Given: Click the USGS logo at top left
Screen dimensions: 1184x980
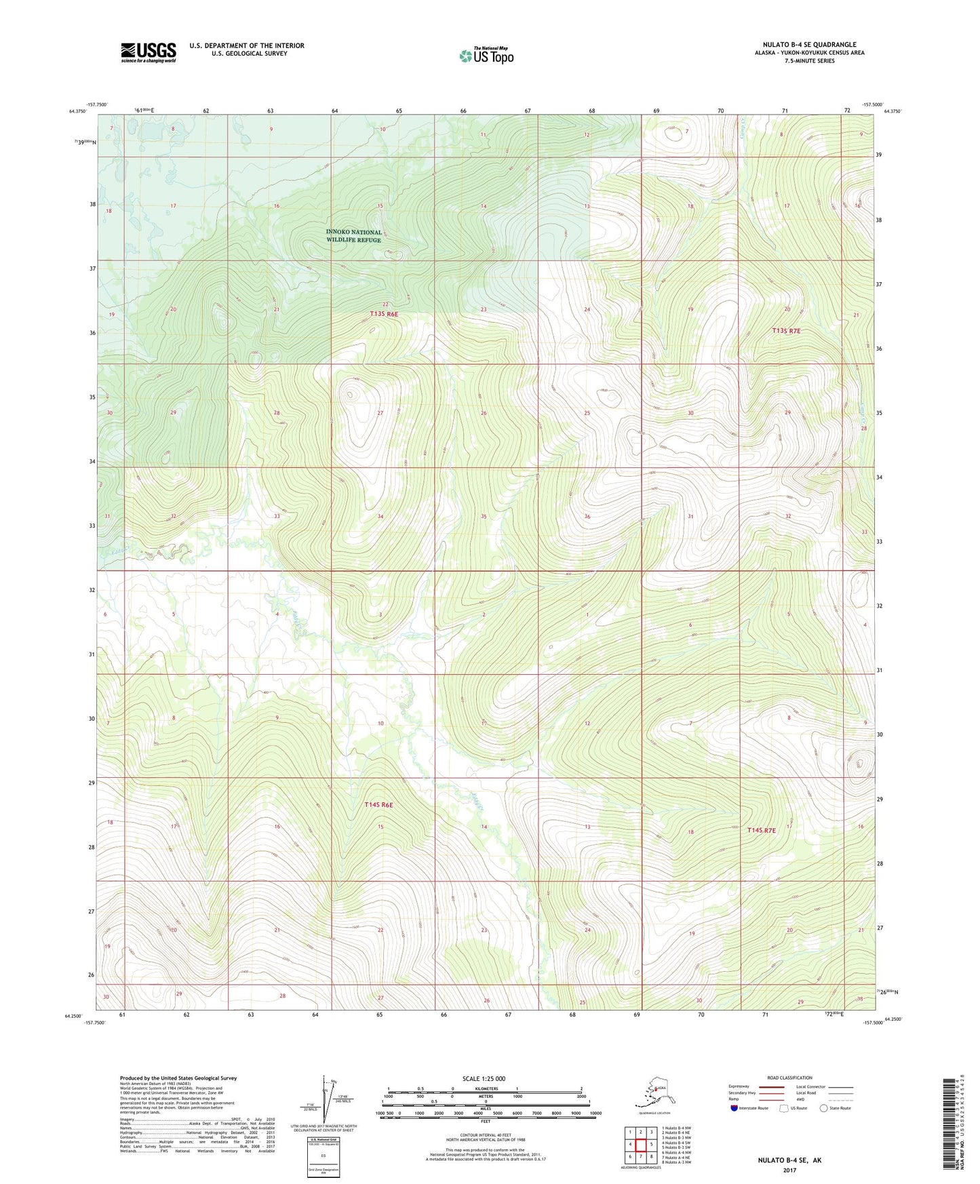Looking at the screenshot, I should [x=148, y=52].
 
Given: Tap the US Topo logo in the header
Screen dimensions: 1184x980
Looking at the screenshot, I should [x=486, y=56].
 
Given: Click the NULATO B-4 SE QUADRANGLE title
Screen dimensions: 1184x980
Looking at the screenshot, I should [x=809, y=45].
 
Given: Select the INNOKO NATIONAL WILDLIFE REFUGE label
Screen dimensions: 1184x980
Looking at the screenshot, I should [x=353, y=236].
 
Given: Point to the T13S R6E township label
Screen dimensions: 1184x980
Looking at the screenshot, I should [x=383, y=314].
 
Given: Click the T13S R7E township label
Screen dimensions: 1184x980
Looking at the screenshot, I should [x=786, y=331].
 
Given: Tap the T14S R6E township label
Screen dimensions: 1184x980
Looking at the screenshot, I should [x=378, y=805].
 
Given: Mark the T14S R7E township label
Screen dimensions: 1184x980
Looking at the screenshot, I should [x=766, y=830].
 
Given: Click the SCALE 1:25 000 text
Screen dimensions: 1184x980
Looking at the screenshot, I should [x=484, y=1079].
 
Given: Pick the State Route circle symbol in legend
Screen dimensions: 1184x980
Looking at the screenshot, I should [x=823, y=1108].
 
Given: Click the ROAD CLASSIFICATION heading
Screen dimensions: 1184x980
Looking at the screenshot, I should [x=789, y=1078].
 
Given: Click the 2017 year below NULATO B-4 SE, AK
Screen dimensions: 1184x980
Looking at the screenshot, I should [x=789, y=1170].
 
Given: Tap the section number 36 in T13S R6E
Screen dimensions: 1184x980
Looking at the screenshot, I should [x=587, y=517].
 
